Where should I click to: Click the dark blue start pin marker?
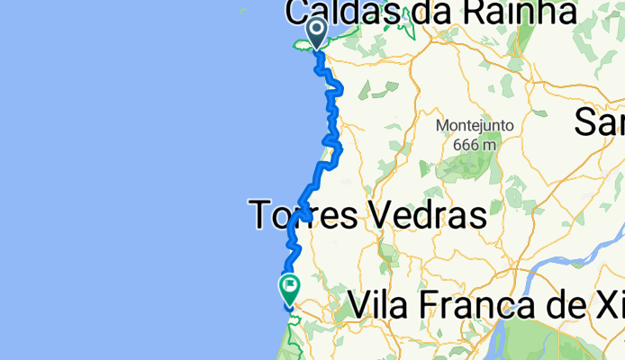317,32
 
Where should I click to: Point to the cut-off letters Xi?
611,305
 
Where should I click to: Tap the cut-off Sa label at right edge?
600,121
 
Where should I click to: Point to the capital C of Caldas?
300,12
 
